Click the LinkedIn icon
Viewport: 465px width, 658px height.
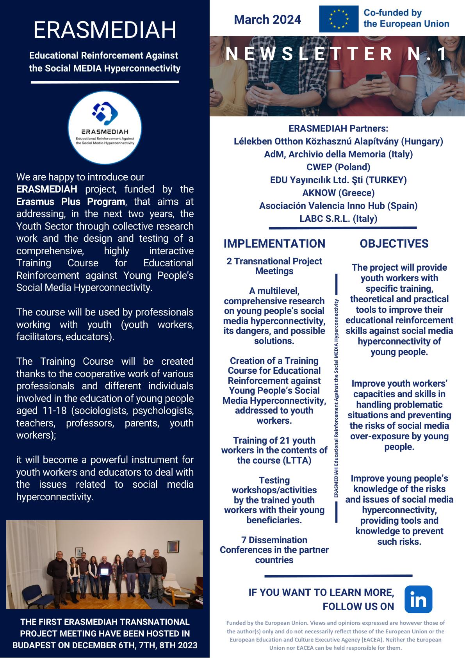(x=418, y=599)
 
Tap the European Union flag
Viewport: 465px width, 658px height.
(x=339, y=19)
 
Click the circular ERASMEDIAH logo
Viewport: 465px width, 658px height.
(x=105, y=128)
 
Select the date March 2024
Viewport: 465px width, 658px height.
(x=267, y=20)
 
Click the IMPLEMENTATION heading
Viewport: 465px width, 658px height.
(x=274, y=244)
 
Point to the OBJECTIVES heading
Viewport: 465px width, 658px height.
(x=394, y=244)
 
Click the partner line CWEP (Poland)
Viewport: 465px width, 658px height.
(x=338, y=167)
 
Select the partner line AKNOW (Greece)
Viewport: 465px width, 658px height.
(x=338, y=193)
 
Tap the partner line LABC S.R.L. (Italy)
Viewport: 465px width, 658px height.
(x=338, y=219)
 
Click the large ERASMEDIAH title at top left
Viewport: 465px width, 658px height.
(x=105, y=30)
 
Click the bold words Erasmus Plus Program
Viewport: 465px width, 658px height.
(x=71, y=202)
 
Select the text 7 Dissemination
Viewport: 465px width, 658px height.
(x=274, y=540)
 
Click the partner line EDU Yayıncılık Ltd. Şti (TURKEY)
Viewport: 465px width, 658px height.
(x=338, y=180)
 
